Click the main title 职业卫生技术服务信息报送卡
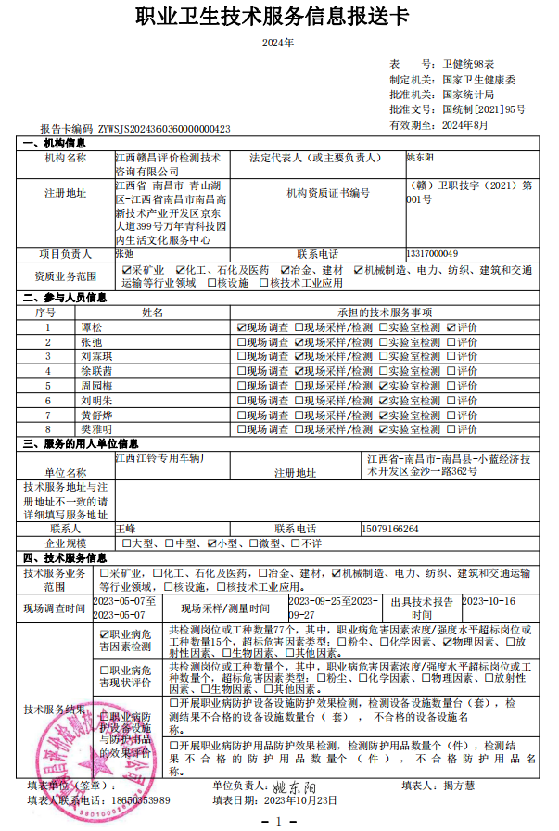pos(279,19)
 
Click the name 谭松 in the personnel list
pos(91,327)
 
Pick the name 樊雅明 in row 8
pos(95,429)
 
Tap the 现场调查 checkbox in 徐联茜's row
pos(242,371)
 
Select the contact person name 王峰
pos(125,529)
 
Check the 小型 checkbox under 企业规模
pos(212,543)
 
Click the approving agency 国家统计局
pos(467,95)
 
